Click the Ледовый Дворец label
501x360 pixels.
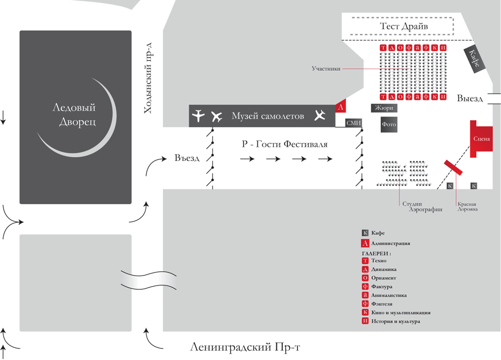pyautogui.click(x=74, y=115)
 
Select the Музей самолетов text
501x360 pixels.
pyautogui.click(x=268, y=116)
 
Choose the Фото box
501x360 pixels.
pyautogui.click(x=389, y=126)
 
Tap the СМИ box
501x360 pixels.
pyautogui.click(x=354, y=123)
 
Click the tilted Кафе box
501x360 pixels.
pyautogui.click(x=472, y=59)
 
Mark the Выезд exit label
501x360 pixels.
pyautogui.click(x=471, y=99)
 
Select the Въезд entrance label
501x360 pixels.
pyautogui.click(x=187, y=158)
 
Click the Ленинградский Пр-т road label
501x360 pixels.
pyautogui.click(x=245, y=347)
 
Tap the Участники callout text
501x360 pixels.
pyautogui.click(x=326, y=69)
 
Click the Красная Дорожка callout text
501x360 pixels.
pyautogui.click(x=467, y=207)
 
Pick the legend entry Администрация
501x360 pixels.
pyautogui.click(x=390, y=243)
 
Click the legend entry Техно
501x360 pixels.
pyautogui.click(x=379, y=261)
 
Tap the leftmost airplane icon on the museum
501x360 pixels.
pyautogui.click(x=198, y=116)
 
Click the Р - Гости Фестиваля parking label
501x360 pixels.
pyautogui.click(x=285, y=144)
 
